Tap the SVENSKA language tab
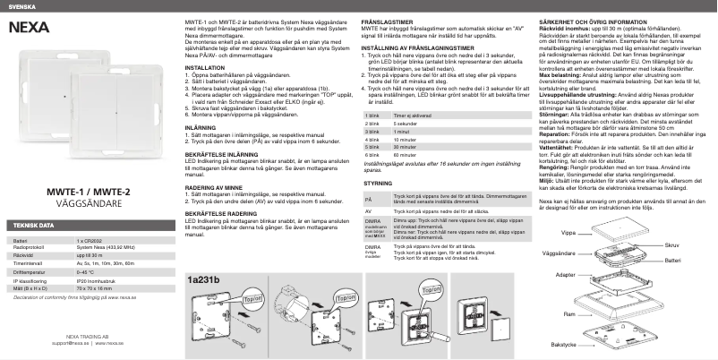pos(21,4)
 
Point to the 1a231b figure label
pos(202,257)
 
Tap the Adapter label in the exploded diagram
pos(566,275)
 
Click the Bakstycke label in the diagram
pos(562,344)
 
